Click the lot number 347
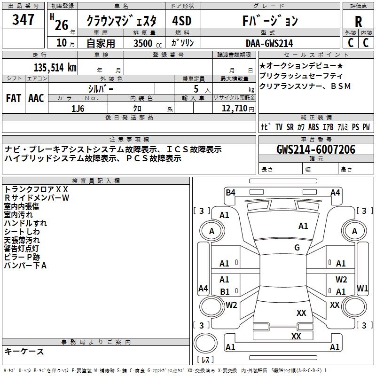pyautogui.click(x=23, y=20)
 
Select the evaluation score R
pyautogui.click(x=358, y=22)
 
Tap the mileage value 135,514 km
pyautogui.click(x=55, y=67)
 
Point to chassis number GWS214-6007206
pyautogui.click(x=316, y=150)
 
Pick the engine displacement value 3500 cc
pyautogui.click(x=144, y=43)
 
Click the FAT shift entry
pyautogui.click(x=13, y=98)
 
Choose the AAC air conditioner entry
pyautogui.click(x=36, y=98)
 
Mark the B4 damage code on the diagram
pyautogui.click(x=230, y=192)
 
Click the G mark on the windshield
pyautogui.click(x=297, y=248)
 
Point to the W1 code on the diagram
pyautogui.click(x=362, y=288)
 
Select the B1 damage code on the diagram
pyautogui.click(x=225, y=292)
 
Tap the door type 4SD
pyautogui.click(x=182, y=21)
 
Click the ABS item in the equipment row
pyautogui.click(x=313, y=127)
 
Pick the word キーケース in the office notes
pyautogui.click(x=24, y=351)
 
